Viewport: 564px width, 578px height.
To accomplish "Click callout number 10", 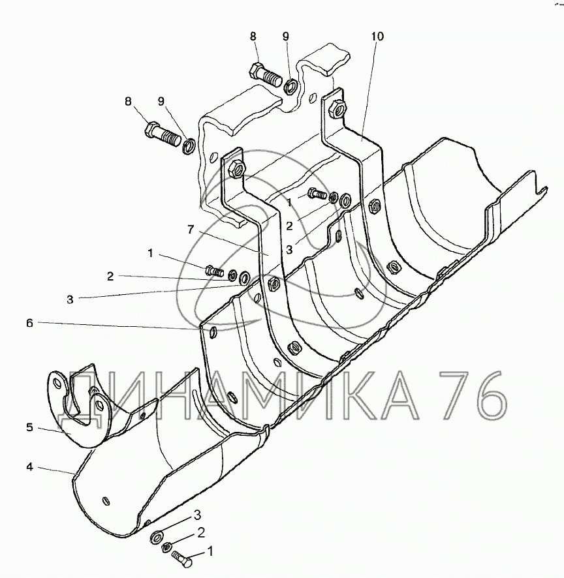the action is (x=377, y=36).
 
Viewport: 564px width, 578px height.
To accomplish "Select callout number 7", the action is (x=191, y=229).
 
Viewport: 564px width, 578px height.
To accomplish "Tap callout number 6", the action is (x=29, y=323).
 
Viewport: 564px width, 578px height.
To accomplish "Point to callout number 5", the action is (x=29, y=427).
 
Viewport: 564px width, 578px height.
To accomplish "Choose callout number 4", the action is (x=29, y=467).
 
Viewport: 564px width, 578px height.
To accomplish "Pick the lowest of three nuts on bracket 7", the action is (x=294, y=346).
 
